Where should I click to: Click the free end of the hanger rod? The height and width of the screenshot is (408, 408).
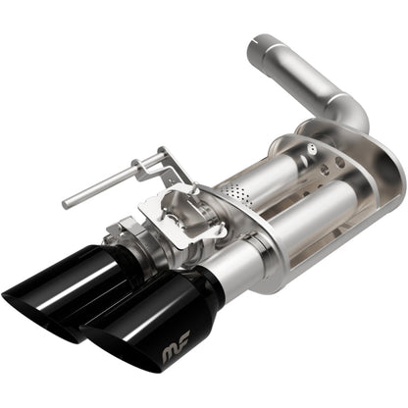click(x=67, y=204)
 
